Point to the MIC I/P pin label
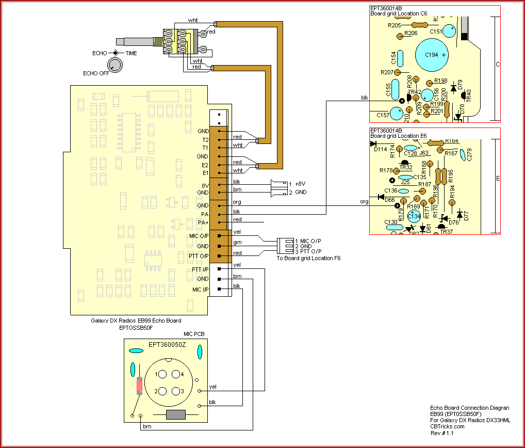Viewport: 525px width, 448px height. point(201,289)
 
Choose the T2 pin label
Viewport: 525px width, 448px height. point(205,139)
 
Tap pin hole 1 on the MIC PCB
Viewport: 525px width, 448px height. point(161,374)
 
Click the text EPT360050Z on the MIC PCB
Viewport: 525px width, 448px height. point(167,344)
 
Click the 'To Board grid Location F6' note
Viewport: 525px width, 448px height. point(308,258)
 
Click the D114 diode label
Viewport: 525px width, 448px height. point(381,149)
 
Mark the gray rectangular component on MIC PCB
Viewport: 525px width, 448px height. point(176,414)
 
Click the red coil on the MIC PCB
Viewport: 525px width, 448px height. point(139,385)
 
